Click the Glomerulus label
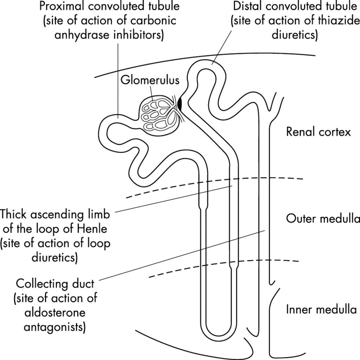150,80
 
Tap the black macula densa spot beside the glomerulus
180,103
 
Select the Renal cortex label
318,132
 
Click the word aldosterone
55,313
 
